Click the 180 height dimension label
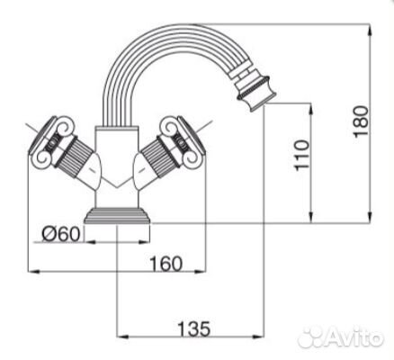(x=361, y=121)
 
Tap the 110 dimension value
(x=302, y=155)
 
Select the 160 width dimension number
(x=166, y=264)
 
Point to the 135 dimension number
(x=194, y=328)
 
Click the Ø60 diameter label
(x=61, y=234)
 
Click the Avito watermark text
(x=354, y=337)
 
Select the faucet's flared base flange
(x=117, y=216)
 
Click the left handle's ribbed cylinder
(x=72, y=156)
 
